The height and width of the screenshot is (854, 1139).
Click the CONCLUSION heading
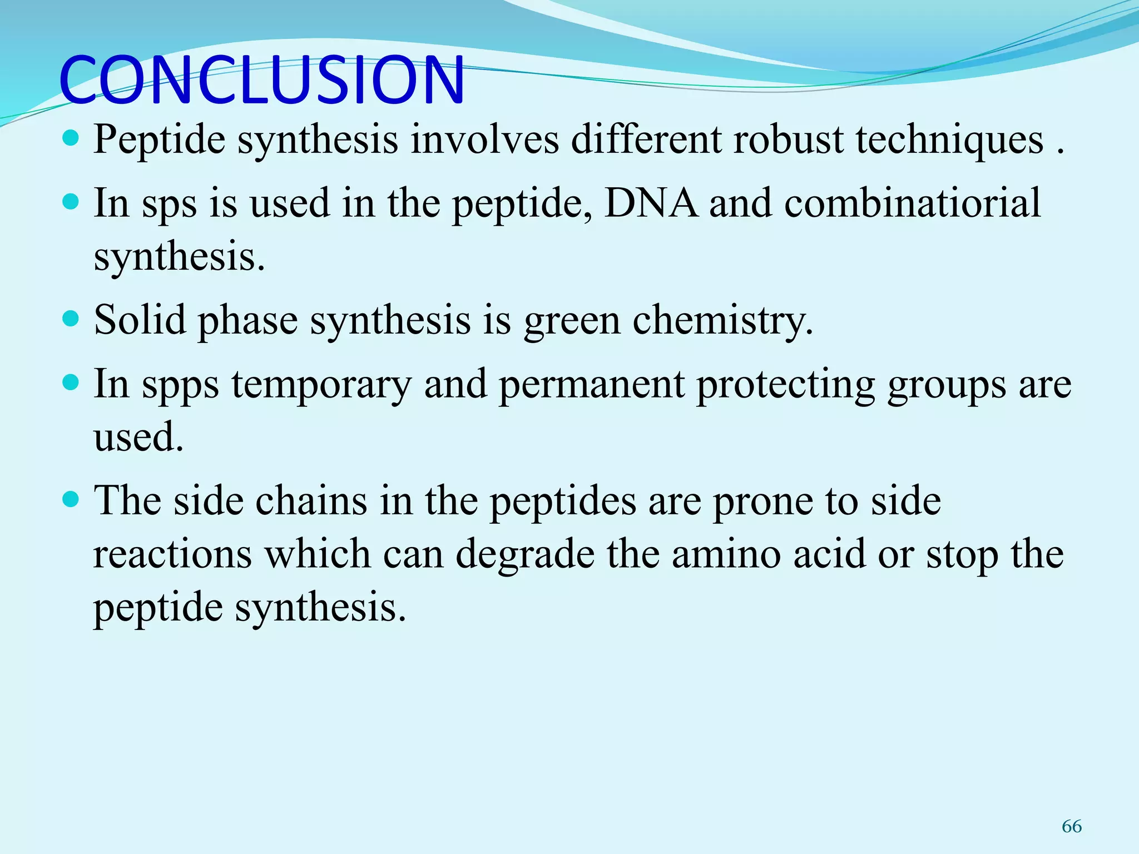(261, 80)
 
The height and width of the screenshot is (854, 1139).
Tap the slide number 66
(1071, 826)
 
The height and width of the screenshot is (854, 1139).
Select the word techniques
(949, 140)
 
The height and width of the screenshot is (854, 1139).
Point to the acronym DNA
(650, 202)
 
